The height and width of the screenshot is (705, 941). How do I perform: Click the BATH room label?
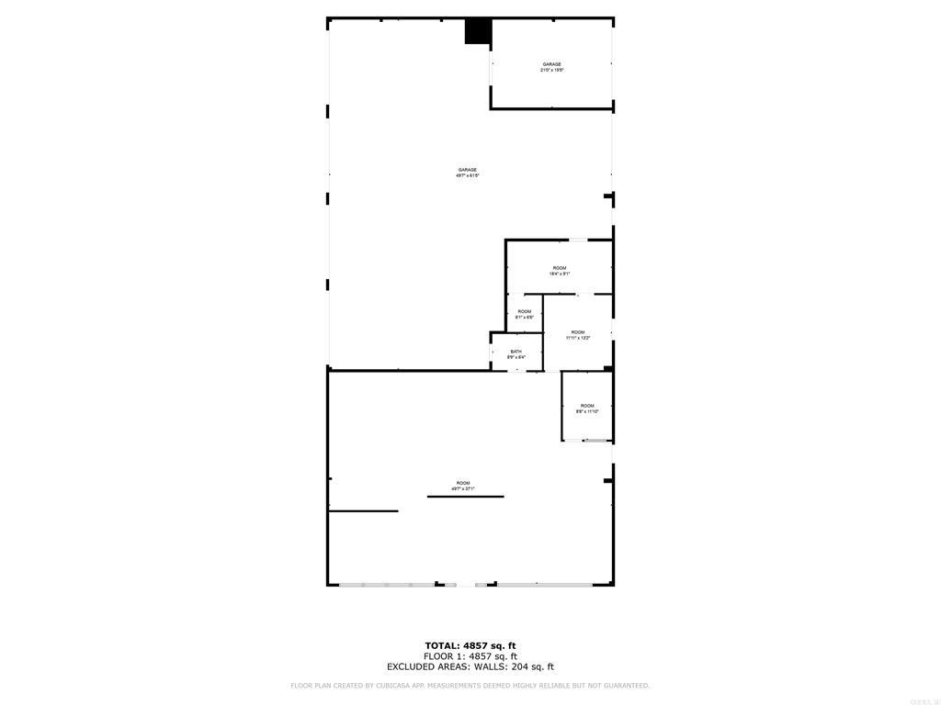[516, 352]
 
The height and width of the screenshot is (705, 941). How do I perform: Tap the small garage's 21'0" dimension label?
[546, 70]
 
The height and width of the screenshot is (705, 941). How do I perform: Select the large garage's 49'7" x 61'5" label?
[468, 175]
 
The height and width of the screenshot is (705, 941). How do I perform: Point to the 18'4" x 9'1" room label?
[560, 274]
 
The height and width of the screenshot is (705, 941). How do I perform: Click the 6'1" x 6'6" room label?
[525, 318]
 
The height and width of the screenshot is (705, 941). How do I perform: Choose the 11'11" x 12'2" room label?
[578, 338]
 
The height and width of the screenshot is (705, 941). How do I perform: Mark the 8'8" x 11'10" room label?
[587, 411]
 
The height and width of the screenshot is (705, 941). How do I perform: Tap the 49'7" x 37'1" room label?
[463, 488]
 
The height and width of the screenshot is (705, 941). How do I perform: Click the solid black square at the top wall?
[477, 31]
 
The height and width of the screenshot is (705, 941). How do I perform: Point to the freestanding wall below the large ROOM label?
[465, 497]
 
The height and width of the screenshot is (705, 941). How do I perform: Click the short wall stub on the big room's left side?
[363, 511]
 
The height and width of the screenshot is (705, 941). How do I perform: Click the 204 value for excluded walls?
[520, 667]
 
